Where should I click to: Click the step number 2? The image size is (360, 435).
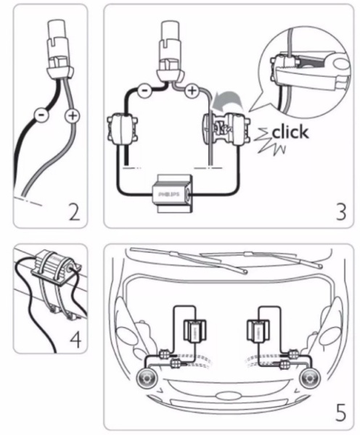pyautogui.click(x=75, y=212)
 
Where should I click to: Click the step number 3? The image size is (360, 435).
pyautogui.click(x=341, y=212)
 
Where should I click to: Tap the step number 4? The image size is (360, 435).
pyautogui.click(x=75, y=339)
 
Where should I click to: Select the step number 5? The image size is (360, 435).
pyautogui.click(x=341, y=413)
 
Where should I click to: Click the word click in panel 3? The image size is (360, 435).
pyautogui.click(x=290, y=132)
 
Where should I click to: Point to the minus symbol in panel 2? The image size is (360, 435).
pyautogui.click(x=41, y=115)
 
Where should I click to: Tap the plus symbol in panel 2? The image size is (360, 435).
pyautogui.click(x=73, y=115)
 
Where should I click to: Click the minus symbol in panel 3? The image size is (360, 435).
pyautogui.click(x=144, y=91)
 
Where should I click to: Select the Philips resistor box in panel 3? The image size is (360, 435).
pyautogui.click(x=173, y=194)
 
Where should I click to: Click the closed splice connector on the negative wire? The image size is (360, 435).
pyautogui.click(x=122, y=129)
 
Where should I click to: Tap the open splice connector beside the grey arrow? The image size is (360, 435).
pyautogui.click(x=226, y=129)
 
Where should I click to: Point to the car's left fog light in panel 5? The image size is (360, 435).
pyautogui.click(x=147, y=379)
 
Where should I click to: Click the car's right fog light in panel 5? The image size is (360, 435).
pyautogui.click(x=311, y=378)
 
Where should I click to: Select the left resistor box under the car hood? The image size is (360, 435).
pyautogui.click(x=195, y=331)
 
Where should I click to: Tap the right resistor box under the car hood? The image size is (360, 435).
pyautogui.click(x=258, y=331)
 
